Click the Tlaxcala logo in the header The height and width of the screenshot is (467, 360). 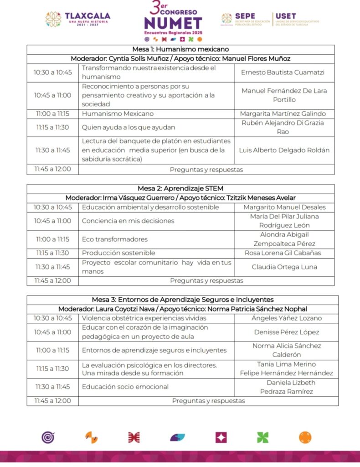(x=78, y=19)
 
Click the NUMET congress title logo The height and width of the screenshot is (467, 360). (x=173, y=21)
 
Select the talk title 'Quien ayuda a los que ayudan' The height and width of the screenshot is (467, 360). (x=129, y=127)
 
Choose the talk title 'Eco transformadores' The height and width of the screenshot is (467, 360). (x=115, y=239)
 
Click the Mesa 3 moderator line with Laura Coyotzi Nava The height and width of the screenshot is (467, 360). (x=182, y=309)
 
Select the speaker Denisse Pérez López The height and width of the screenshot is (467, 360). (x=286, y=332)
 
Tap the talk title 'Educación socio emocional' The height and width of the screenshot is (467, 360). (x=125, y=387)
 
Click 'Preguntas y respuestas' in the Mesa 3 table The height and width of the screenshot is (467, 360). (x=208, y=401)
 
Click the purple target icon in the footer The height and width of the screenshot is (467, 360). (x=48, y=437)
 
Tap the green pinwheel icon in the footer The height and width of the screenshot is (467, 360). (x=262, y=437)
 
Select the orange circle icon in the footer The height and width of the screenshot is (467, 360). (x=305, y=437)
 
